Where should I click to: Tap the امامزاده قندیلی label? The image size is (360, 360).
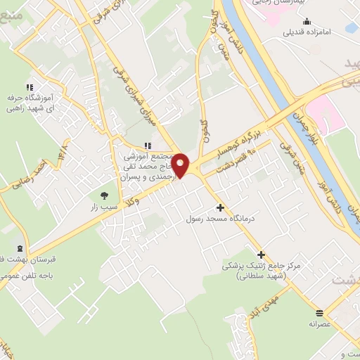307,32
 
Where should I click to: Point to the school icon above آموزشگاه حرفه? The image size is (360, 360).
29,85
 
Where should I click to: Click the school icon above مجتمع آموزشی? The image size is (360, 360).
147,146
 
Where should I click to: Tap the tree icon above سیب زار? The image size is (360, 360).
104,195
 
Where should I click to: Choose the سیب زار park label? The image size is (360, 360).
104,209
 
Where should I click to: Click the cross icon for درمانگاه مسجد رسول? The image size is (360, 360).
221,207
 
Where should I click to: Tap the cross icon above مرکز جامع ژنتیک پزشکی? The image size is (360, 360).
262,255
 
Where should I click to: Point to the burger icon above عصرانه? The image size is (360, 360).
320,312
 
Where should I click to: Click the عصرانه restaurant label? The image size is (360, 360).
320,324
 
